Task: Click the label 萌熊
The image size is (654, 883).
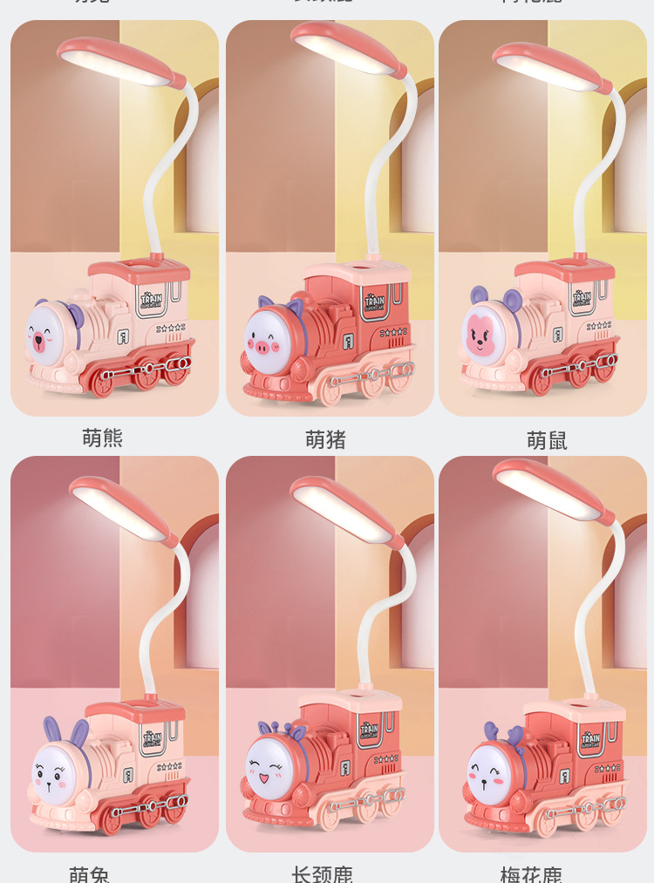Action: pos(103,438)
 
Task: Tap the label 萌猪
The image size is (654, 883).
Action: pos(326,440)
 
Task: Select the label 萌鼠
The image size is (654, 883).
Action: pos(547,441)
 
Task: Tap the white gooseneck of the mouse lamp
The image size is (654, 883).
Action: pos(597,174)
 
